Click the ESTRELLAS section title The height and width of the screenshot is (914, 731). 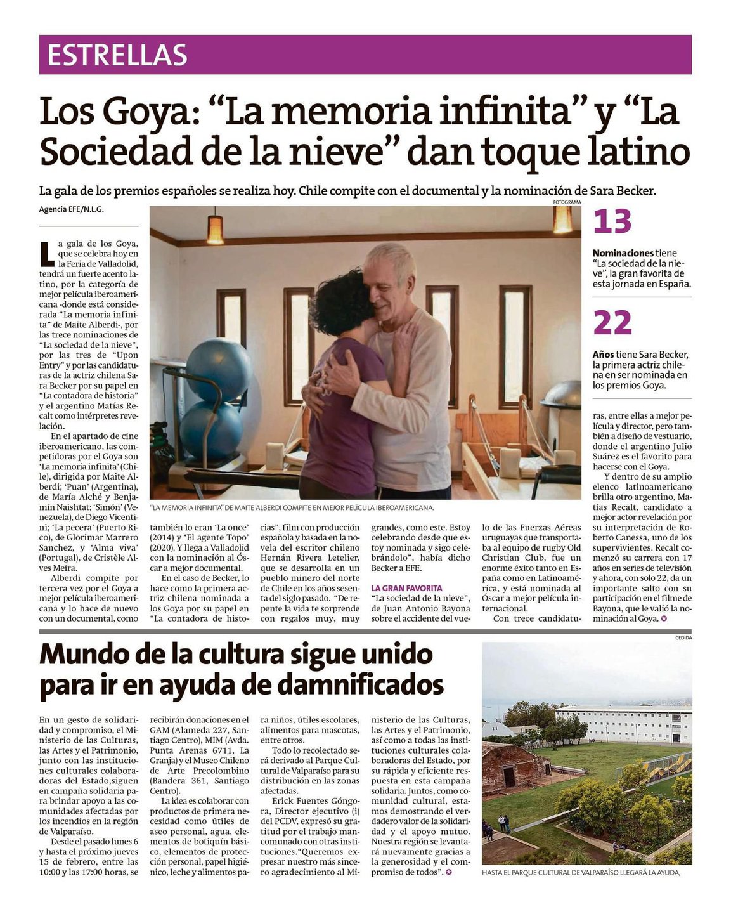pos(117,55)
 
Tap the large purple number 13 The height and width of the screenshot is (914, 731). pos(612,221)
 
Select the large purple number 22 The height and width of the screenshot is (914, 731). pos(612,323)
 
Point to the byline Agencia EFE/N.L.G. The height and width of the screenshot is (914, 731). pos(71,209)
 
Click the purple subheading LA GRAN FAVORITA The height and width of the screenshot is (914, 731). pos(406,588)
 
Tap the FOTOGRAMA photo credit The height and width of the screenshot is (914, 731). pos(567,202)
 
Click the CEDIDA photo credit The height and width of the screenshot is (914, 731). pos(683,637)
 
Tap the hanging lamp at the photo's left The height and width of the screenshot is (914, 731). pos(216,230)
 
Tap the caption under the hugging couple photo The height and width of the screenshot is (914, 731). pos(292,507)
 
